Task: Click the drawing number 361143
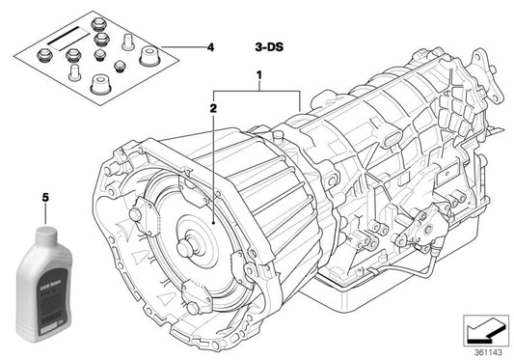click(488, 351)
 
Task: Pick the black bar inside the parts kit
click(63, 32)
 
